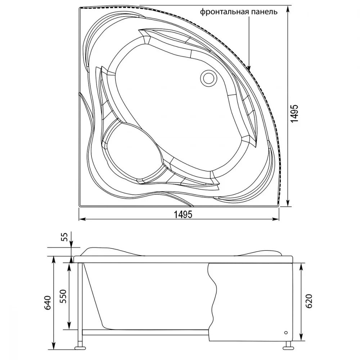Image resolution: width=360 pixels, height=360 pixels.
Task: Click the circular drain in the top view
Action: tap(208, 78)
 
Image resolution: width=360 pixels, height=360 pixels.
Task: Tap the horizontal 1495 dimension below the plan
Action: tap(183, 215)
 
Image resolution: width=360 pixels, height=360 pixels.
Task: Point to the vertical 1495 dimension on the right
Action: tap(294, 113)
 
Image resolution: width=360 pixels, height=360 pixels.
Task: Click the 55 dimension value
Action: tap(65, 237)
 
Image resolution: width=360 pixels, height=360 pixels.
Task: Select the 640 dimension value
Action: tap(48, 303)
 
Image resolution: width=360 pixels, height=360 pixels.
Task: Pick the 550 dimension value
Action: tap(63, 296)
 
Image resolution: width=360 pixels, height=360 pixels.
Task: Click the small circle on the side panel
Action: tap(286, 332)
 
